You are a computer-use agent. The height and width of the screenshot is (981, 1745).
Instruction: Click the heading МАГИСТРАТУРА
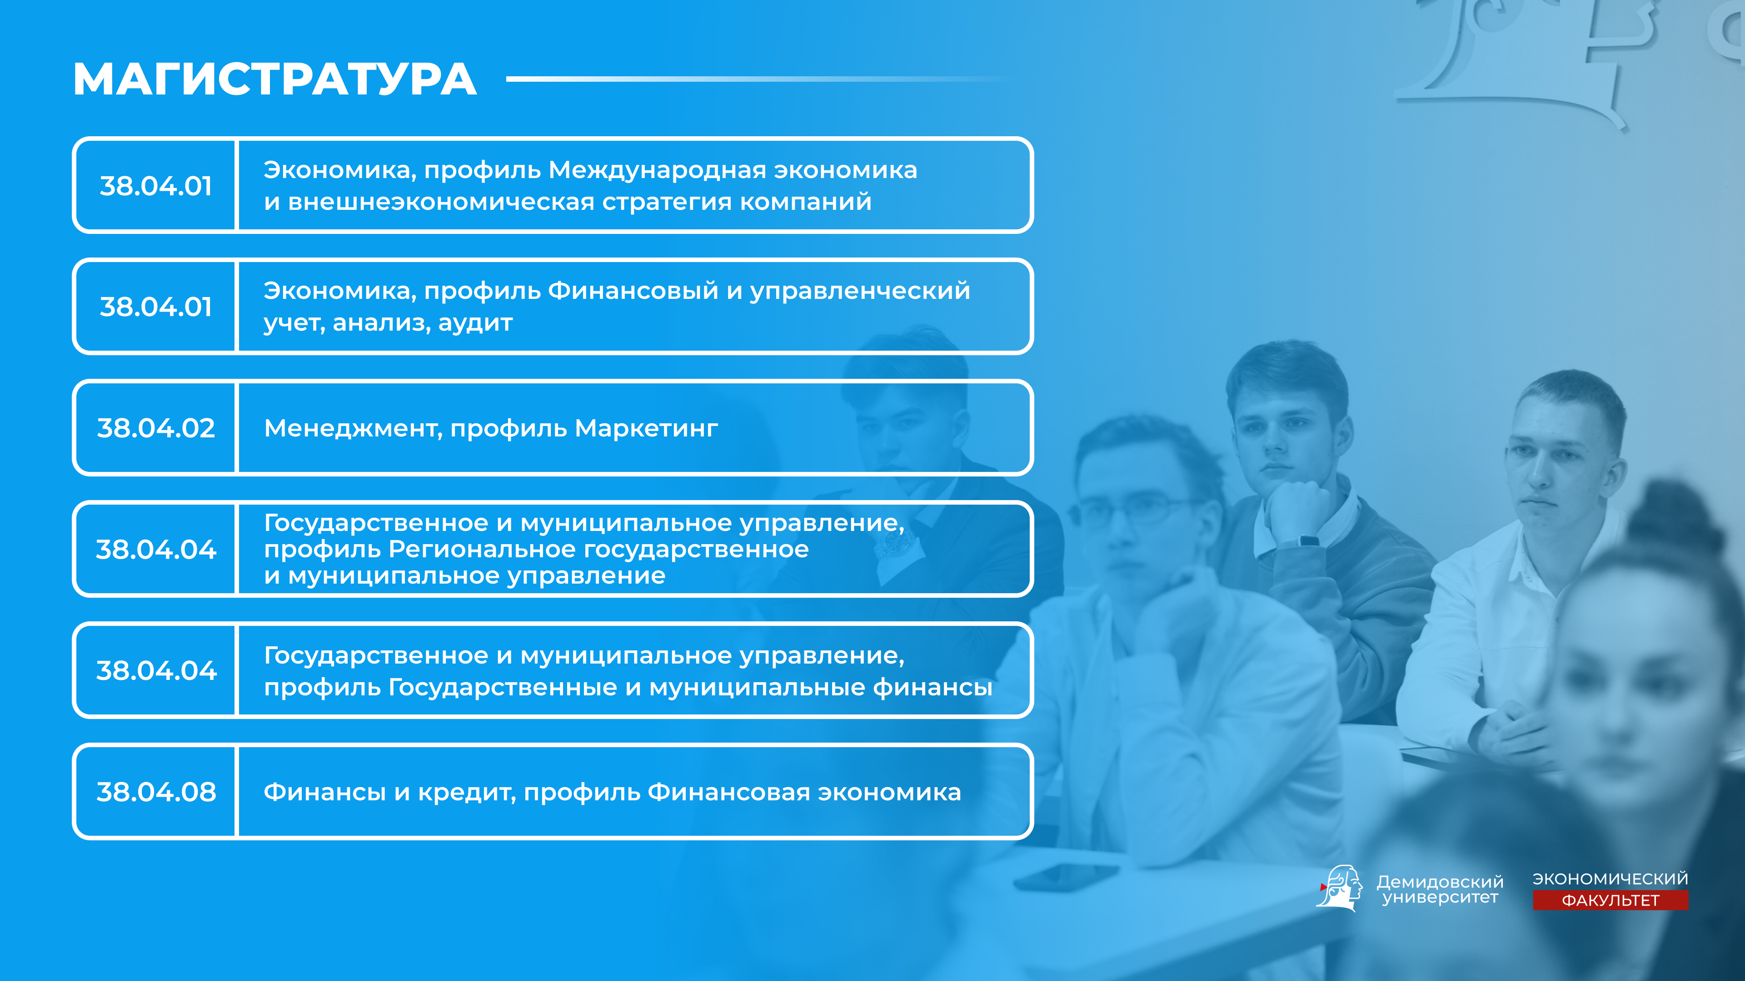(x=274, y=79)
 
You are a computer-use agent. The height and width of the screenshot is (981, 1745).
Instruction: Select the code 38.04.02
(x=156, y=428)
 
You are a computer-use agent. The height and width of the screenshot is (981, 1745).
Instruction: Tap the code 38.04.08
(x=156, y=792)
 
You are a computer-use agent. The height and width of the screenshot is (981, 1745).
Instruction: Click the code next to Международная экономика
(x=156, y=185)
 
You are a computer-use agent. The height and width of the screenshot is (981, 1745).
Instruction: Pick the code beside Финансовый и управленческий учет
(x=156, y=307)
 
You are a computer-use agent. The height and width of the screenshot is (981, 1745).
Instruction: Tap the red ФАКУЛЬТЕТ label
(x=1610, y=901)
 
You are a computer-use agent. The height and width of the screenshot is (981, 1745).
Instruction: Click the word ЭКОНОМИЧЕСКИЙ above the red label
(x=1610, y=879)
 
